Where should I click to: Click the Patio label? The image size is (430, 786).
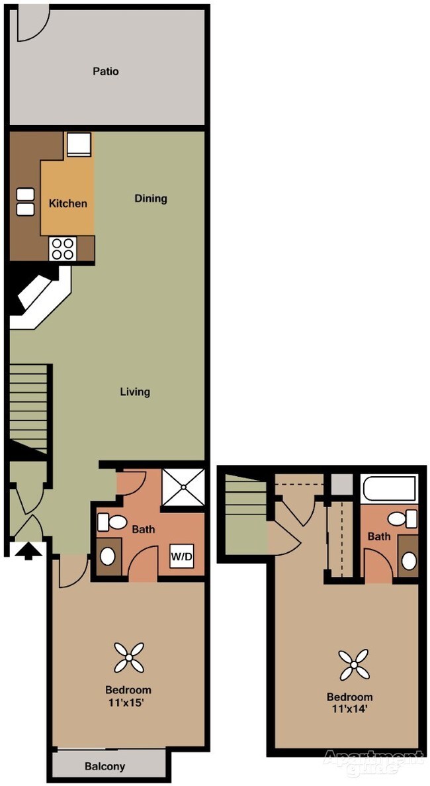[x=106, y=71]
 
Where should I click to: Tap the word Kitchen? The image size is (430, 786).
[x=67, y=203]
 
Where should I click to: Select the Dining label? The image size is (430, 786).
[x=151, y=198]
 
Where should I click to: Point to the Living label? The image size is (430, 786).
[x=135, y=391]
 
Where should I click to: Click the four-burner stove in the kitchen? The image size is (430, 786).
[x=63, y=249]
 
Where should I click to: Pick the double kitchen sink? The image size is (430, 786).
[x=26, y=202]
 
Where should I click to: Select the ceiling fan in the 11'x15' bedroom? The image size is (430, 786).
[x=128, y=658]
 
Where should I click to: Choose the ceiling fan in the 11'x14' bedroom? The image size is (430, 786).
[x=353, y=665]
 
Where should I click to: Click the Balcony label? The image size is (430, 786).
[x=105, y=767]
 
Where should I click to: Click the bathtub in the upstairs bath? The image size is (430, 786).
[x=390, y=490]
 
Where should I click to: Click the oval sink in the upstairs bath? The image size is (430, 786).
[x=409, y=562]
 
